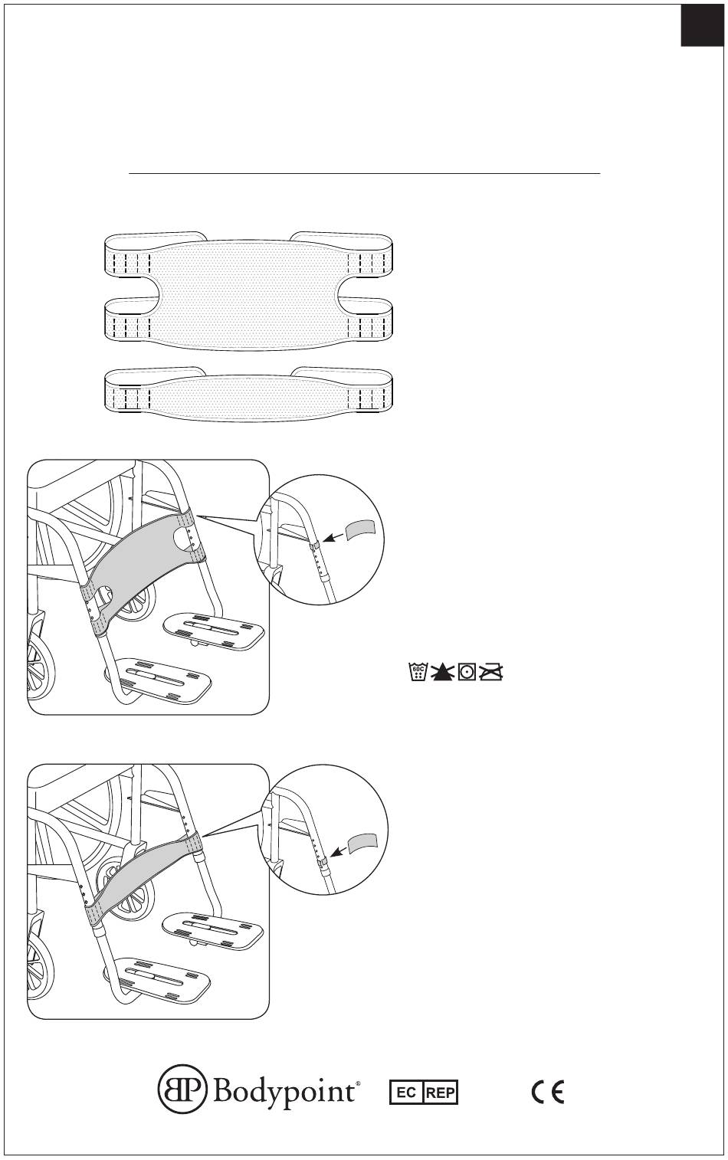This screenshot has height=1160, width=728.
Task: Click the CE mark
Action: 548,1092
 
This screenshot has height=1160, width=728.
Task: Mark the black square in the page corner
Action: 703,24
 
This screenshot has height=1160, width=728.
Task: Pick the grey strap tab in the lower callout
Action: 362,843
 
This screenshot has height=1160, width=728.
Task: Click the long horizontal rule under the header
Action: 364,174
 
